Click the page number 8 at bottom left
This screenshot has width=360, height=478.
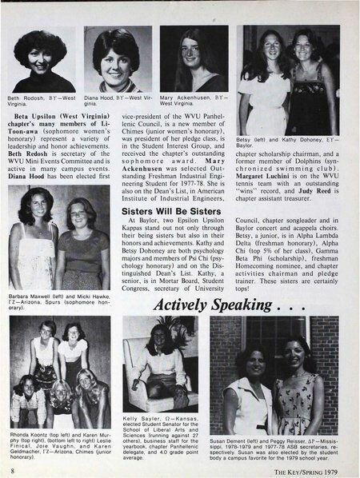(x=14, y=472)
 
